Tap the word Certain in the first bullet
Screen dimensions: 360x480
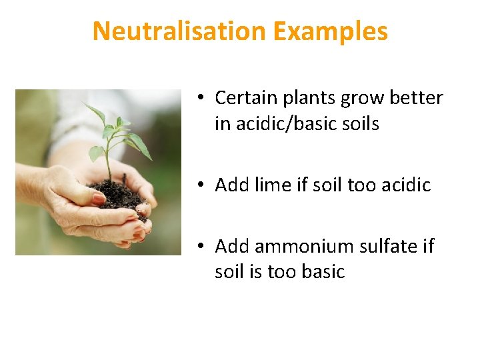coord(241,98)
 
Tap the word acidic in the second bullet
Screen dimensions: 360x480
coord(406,185)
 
